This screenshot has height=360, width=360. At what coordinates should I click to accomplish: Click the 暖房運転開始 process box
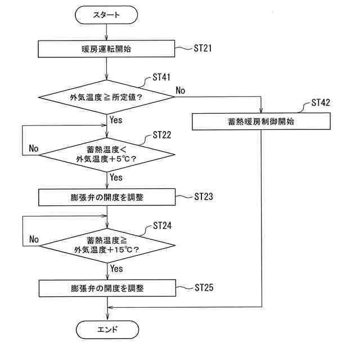pos(106,49)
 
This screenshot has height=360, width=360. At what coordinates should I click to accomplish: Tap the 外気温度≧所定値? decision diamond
pos(106,97)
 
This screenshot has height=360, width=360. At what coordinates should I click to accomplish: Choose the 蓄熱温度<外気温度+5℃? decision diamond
pos(106,154)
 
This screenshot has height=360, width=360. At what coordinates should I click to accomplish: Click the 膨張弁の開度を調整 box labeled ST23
pos(106,197)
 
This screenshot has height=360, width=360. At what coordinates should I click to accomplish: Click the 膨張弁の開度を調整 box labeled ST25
pos(106,289)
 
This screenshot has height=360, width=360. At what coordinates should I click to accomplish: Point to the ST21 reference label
pos(203,48)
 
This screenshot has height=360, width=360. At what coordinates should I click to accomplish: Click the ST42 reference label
pos(320,103)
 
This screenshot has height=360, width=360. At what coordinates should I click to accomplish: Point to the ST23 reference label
pos(203,197)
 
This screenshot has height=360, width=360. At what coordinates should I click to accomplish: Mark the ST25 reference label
pos(203,288)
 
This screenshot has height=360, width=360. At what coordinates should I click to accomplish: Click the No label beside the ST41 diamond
pos(181,90)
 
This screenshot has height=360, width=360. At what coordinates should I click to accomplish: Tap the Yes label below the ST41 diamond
pos(116,119)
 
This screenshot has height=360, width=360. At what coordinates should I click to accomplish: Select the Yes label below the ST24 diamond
pos(116,269)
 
